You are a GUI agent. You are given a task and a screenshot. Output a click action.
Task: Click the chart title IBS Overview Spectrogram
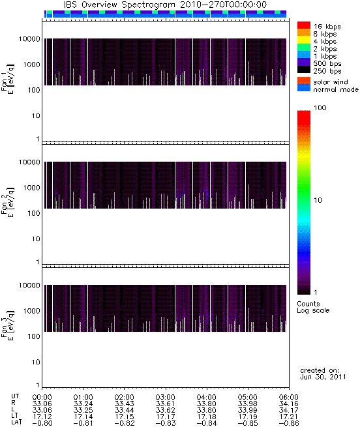pos(119,5)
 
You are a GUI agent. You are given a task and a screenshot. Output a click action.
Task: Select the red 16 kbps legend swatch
pos(304,25)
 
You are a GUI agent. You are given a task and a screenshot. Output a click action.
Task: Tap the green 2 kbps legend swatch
pos(304,48)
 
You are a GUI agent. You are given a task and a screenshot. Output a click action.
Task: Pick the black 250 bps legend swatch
pos(304,70)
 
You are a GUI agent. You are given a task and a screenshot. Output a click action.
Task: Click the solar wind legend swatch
pos(304,81)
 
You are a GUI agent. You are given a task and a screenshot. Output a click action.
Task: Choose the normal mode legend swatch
pos(304,88)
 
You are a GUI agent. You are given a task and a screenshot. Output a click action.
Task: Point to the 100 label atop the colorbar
pos(320,108)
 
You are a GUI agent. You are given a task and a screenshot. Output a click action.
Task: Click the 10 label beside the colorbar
pos(318,200)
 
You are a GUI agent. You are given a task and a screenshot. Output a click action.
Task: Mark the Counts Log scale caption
pos(313,307)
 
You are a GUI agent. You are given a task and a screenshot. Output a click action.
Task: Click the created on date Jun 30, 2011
pos(323,377)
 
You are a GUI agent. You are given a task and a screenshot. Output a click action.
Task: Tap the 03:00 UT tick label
pos(165,397)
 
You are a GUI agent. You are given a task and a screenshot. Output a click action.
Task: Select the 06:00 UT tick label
pos(289,397)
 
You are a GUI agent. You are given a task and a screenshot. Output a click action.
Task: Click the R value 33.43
pos(125,404)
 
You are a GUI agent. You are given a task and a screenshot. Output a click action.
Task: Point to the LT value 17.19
pos(247,417)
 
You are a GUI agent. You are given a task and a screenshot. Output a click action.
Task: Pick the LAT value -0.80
pos(42,423)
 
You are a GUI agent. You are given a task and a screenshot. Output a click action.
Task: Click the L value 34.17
pos(289,410)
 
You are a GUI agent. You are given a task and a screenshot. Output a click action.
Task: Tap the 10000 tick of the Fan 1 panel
pos(29,39)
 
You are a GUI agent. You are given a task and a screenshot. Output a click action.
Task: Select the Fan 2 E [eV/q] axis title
pos(7,202)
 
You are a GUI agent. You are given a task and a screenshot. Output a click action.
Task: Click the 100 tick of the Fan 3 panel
pos(34,336)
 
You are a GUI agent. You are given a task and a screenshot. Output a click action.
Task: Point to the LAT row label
pos(16,423)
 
